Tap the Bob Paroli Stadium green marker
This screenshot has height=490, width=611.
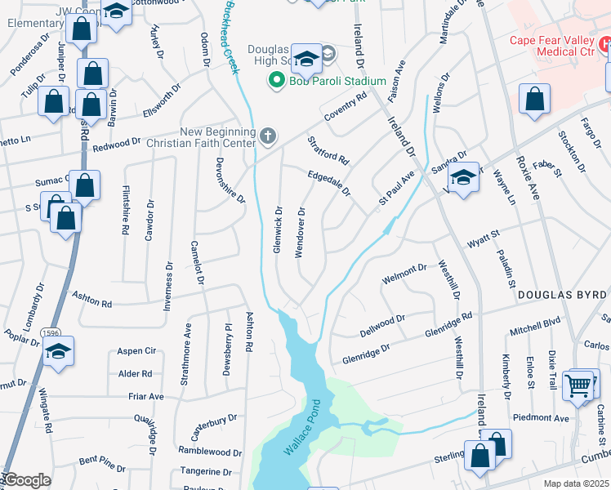[276, 81]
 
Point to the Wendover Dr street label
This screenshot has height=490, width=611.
[301, 232]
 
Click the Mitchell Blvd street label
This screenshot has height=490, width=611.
[535, 326]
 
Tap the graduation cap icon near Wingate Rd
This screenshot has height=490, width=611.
[58, 351]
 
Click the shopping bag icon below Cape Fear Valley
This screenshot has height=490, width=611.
[534, 100]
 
